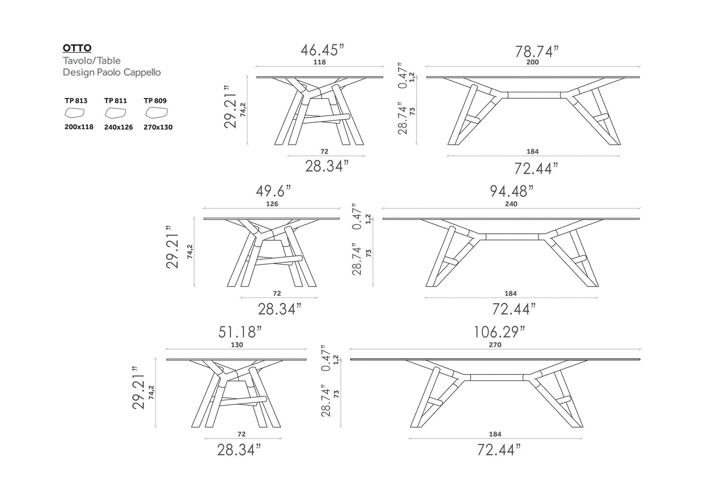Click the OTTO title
(x=77, y=48)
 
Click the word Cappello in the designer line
(x=142, y=72)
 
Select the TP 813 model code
(x=76, y=101)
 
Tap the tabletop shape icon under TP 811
(x=116, y=112)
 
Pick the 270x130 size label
(x=158, y=127)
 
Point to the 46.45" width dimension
(x=322, y=50)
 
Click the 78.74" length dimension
(x=537, y=52)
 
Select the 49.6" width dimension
(x=273, y=191)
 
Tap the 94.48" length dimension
(x=512, y=191)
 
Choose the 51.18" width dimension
(x=240, y=332)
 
